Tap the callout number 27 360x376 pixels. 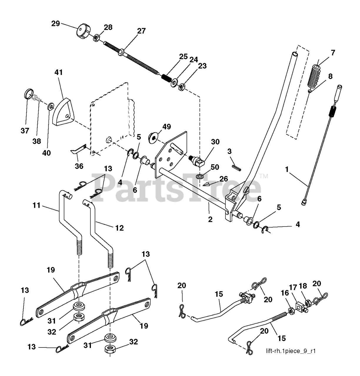click(141, 31)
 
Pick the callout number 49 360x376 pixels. click(167, 127)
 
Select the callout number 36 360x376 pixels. click(79, 166)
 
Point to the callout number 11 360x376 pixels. click(36, 205)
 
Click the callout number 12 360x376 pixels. click(119, 228)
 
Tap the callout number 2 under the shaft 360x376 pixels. click(210, 219)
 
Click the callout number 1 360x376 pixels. click(287, 169)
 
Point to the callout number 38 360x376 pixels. click(36, 141)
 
